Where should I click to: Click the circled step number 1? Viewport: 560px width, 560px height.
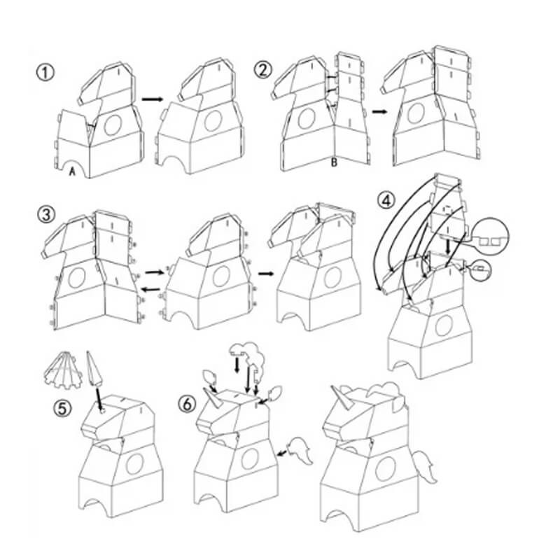point(45,73)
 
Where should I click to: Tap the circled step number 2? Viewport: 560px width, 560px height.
point(263,69)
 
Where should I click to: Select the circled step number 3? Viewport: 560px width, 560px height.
point(46,215)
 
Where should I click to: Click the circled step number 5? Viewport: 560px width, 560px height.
point(62,408)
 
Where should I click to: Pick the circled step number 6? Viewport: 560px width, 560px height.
point(188,404)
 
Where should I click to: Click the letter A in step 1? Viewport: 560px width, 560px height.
point(73,171)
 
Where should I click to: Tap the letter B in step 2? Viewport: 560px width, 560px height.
point(334,163)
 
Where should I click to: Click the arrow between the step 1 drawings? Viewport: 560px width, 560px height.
point(152,99)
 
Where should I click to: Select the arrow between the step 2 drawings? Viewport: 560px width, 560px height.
point(379,112)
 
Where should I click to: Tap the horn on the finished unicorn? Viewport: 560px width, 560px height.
point(342,398)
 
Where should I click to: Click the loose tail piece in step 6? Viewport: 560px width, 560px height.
point(301,450)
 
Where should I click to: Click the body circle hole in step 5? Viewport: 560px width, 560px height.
point(134,463)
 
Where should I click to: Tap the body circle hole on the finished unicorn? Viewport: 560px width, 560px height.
point(386,468)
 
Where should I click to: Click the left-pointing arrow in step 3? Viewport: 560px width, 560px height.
point(150,289)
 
